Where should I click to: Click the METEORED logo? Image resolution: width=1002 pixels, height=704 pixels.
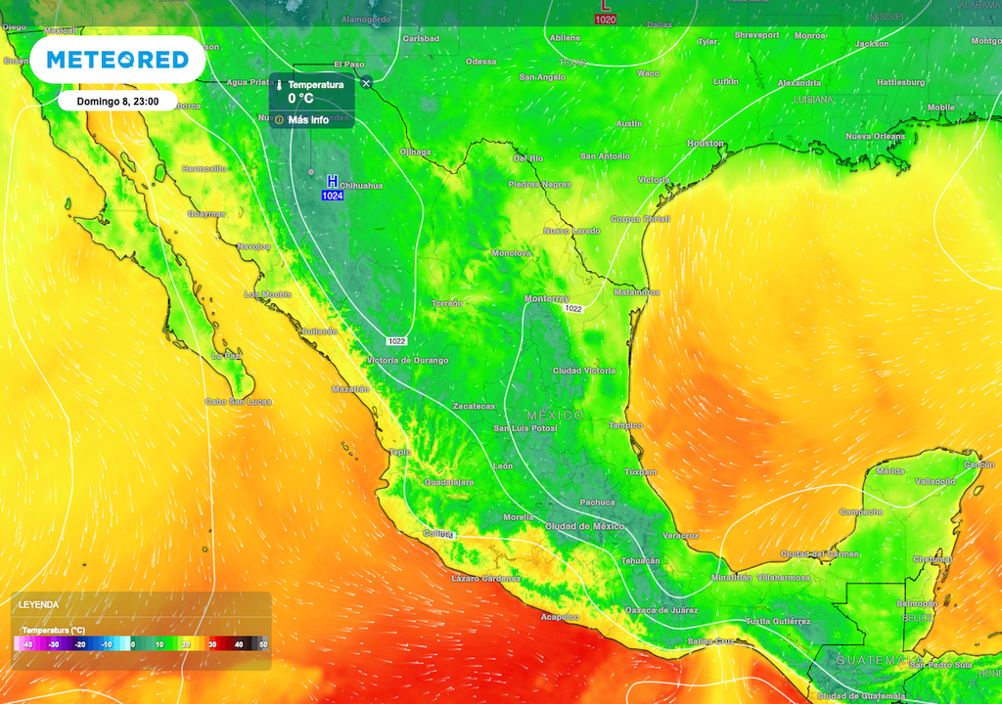tap(117, 60)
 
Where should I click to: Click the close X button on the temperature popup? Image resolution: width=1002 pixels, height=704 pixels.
tap(366, 82)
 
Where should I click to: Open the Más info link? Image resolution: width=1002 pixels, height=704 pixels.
tap(308, 119)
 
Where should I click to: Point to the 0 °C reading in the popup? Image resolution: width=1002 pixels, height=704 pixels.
tap(300, 99)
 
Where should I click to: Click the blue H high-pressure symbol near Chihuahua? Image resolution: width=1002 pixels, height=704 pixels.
tap(333, 182)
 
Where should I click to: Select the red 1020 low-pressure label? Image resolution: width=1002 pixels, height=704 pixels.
tap(606, 20)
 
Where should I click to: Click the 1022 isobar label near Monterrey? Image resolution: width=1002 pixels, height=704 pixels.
tap(573, 309)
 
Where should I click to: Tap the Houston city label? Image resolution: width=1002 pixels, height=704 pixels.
tap(706, 144)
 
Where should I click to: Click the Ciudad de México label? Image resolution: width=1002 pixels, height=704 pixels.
tap(584, 526)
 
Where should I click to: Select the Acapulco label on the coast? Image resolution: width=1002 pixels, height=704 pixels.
tap(560, 617)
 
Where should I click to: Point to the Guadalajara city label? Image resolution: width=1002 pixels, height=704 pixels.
tap(449, 482)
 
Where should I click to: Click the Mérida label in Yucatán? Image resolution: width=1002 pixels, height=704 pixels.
tap(890, 471)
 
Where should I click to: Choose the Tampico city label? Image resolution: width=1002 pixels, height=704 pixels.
tap(625, 425)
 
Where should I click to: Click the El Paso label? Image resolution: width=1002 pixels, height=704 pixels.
tap(349, 65)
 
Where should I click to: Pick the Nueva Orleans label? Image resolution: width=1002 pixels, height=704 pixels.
tap(876, 136)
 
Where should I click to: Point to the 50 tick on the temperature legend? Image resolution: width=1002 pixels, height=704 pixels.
tap(262, 644)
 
